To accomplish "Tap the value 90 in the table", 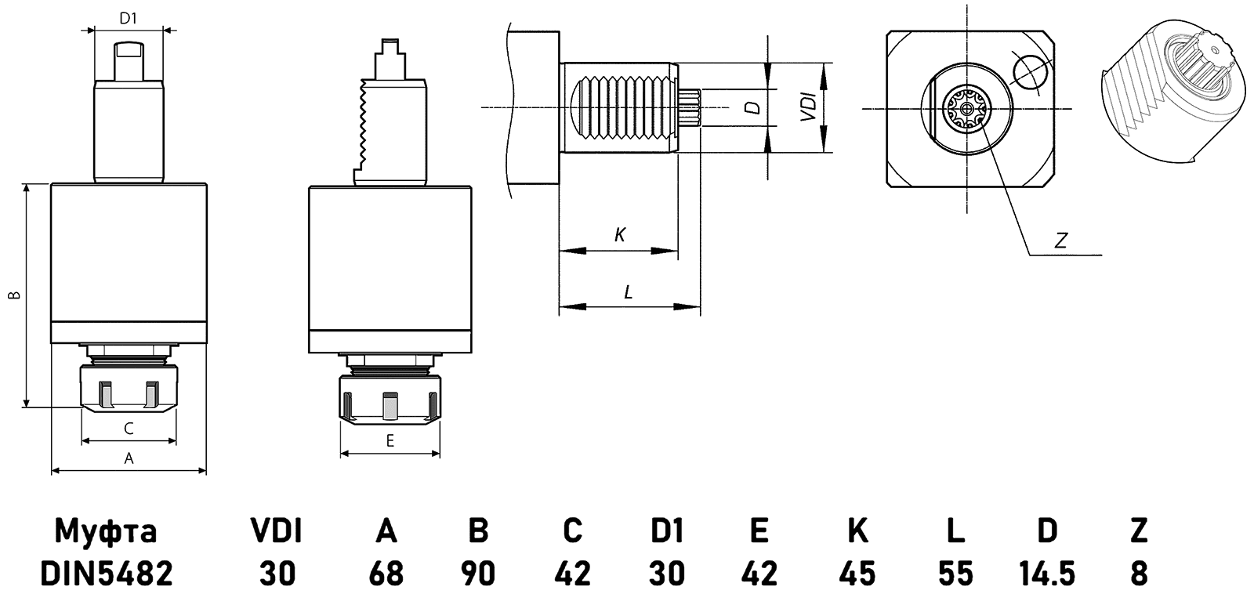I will pyautogui.click(x=478, y=572).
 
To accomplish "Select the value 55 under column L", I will pyautogui.click(x=954, y=572).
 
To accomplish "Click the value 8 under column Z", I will pyautogui.click(x=1140, y=572).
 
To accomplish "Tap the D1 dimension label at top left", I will pyautogui.click(x=129, y=16).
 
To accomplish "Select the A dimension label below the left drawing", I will pyautogui.click(x=129, y=459).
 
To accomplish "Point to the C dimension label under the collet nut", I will pyautogui.click(x=129, y=428).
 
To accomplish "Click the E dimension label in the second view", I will pyautogui.click(x=390, y=441).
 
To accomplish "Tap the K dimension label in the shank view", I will pyautogui.click(x=619, y=233).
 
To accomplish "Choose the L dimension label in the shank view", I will pyautogui.click(x=629, y=292).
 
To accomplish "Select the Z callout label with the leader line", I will pyautogui.click(x=1061, y=241).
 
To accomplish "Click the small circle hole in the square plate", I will pyautogui.click(x=1029, y=72).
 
